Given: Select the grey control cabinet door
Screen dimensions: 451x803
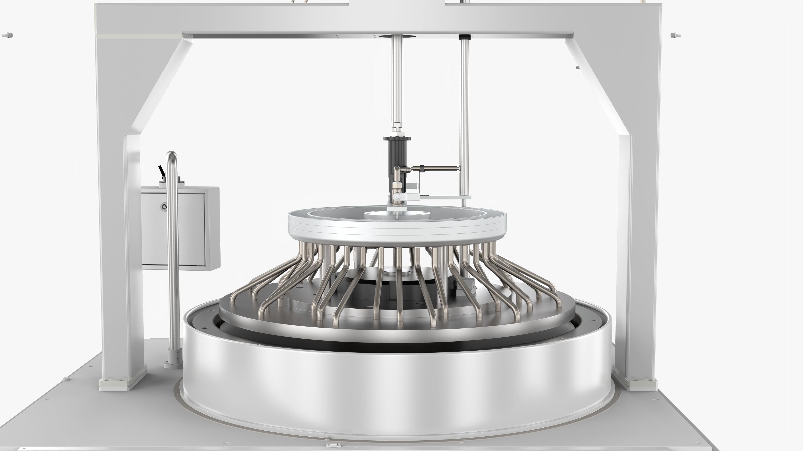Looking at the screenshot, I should point(173,229).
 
